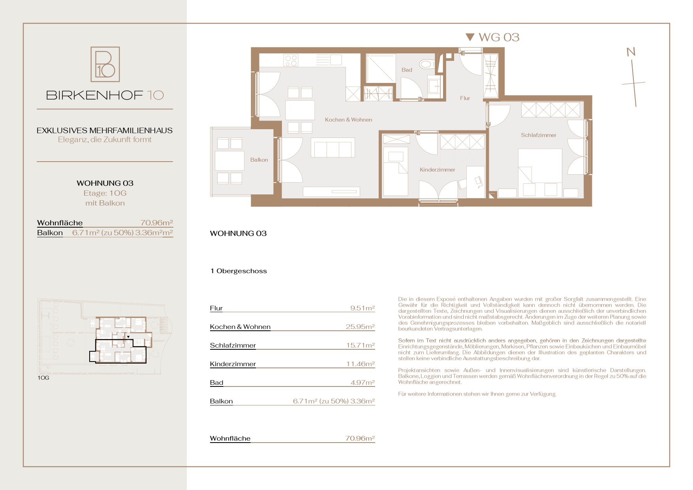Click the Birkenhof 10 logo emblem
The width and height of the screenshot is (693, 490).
pos(105,64)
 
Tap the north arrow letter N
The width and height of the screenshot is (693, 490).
pos(631,52)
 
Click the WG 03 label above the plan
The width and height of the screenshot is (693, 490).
pos(499,37)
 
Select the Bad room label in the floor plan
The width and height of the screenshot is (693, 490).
pos(407,70)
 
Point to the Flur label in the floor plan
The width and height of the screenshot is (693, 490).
pos(465,98)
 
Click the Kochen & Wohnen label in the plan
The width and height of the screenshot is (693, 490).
pos(348,120)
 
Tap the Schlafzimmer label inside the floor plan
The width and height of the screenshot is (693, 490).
pos(538,135)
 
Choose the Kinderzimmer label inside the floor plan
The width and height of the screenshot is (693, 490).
pos(437,170)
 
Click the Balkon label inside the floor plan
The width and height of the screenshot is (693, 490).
pos(259,160)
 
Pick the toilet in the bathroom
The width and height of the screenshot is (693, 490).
pos(427,64)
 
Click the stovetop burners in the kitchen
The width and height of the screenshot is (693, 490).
pos(291,60)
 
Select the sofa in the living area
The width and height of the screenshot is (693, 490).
pos(333,147)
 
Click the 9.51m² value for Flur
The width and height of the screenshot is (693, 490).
pos(362,308)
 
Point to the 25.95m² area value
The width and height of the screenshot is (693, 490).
pos(360,327)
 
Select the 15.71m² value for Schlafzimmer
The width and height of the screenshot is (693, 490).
pos(360,345)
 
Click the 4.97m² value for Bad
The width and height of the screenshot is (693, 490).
pos(362,383)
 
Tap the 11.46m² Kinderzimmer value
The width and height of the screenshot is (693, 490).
pos(360,364)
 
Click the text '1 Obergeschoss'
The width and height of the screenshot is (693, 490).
pos(239,271)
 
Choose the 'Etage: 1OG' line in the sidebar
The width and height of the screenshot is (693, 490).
pos(105,193)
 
